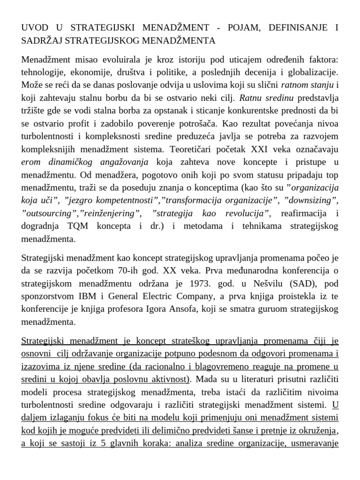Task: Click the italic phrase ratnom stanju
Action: (x=306, y=85)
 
